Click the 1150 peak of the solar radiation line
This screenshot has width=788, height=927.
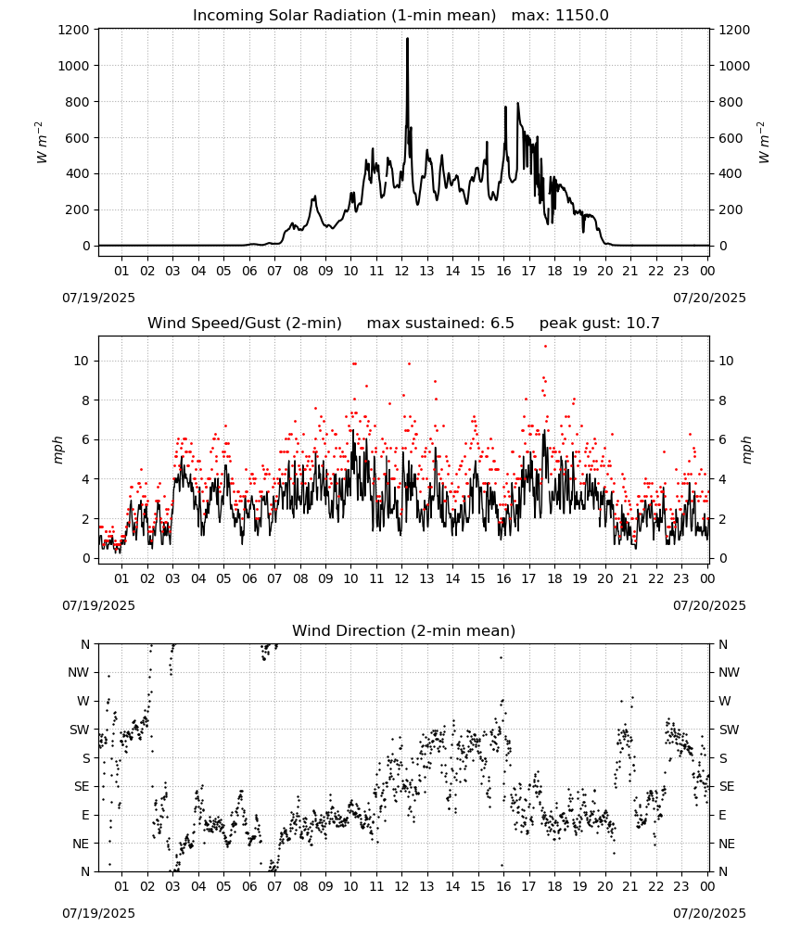tap(407, 39)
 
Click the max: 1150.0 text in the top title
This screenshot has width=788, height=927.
tap(560, 16)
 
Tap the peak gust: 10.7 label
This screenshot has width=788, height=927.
tap(600, 323)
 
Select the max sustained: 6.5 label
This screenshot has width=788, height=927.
tap(440, 323)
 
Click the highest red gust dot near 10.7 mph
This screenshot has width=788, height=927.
tap(546, 347)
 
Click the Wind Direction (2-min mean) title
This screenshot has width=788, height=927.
tap(404, 630)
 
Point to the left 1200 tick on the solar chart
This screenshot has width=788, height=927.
tap(73, 30)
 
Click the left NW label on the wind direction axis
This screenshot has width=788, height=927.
tap(79, 672)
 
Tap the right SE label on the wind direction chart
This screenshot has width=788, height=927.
tap(727, 786)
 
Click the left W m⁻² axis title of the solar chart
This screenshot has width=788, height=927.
tap(41, 143)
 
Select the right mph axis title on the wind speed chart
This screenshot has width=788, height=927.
tap(746, 450)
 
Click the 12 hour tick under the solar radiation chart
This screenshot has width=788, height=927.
tap(401, 271)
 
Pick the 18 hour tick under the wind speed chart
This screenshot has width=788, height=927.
tap(554, 578)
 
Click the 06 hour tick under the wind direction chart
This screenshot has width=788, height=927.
tap(249, 886)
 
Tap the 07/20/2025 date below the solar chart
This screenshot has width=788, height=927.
tap(709, 298)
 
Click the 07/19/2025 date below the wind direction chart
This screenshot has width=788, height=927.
tap(98, 913)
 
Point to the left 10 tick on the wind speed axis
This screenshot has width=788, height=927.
tap(82, 361)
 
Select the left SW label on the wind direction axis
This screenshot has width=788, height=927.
tap(80, 730)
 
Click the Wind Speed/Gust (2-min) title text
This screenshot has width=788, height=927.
tap(245, 323)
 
